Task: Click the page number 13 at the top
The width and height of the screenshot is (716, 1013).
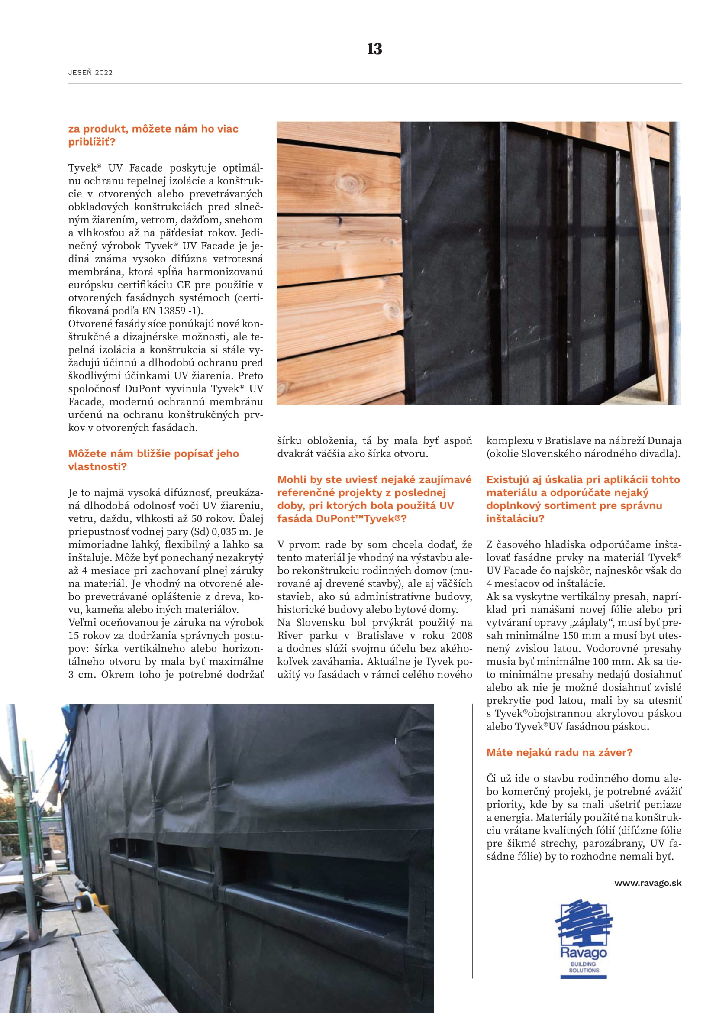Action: coord(374,49)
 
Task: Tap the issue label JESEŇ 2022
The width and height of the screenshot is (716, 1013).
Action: coord(90,73)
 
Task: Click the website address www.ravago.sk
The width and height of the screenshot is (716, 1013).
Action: coord(648,883)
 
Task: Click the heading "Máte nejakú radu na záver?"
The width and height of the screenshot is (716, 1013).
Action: coord(559,752)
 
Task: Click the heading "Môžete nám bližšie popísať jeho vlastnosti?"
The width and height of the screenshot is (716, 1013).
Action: coord(153,460)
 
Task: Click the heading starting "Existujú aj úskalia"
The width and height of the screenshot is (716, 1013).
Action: coord(583,498)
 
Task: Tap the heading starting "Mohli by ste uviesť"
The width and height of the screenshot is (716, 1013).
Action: coord(374,498)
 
